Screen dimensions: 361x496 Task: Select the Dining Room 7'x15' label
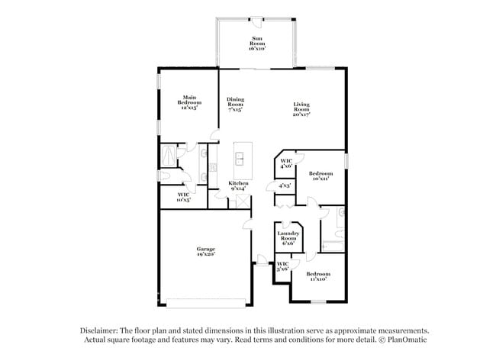point(236,105)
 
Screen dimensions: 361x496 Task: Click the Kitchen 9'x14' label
point(239,185)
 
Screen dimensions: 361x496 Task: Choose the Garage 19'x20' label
point(205,251)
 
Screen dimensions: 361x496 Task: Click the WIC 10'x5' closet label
point(183,198)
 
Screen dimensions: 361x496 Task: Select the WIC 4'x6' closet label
point(286,163)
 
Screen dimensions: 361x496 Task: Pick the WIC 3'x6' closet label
point(282,266)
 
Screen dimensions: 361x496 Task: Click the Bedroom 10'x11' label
point(320,176)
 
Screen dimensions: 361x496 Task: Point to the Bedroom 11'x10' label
point(318,276)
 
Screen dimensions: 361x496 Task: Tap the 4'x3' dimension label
point(283,185)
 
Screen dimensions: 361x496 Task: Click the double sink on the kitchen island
point(240,159)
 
